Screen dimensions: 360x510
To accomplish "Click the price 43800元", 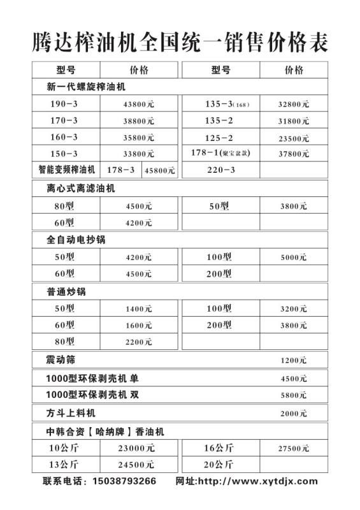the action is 139,104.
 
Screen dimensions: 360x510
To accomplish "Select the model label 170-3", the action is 64,120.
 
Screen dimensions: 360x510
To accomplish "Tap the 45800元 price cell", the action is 159,171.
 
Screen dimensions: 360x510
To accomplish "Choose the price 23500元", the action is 294,138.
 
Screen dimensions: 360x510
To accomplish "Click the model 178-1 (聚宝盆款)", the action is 220,154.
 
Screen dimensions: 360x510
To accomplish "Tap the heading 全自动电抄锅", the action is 76,240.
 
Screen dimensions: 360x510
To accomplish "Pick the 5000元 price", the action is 293,258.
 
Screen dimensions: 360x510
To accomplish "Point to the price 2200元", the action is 138,342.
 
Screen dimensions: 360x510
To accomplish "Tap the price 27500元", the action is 294,449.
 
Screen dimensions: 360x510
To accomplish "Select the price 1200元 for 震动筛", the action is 293,361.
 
